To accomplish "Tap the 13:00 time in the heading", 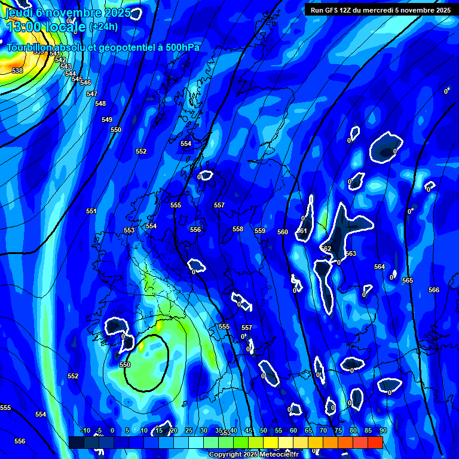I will [23, 26].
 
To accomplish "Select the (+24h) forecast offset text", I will [103, 26].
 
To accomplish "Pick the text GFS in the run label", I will [333, 10].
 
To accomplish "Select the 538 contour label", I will [17, 71].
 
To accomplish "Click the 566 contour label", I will [434, 290].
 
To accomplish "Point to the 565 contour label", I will [408, 280].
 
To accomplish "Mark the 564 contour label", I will [380, 267].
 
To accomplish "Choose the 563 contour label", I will [350, 253].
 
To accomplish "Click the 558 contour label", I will [238, 229].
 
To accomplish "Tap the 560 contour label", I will [283, 232].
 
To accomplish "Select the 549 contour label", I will [106, 120].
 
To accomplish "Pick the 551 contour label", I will [91, 211].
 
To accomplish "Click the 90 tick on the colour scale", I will [382, 430].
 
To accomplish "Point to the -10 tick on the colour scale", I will [85, 430].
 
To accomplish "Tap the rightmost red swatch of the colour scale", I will [375, 442].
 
